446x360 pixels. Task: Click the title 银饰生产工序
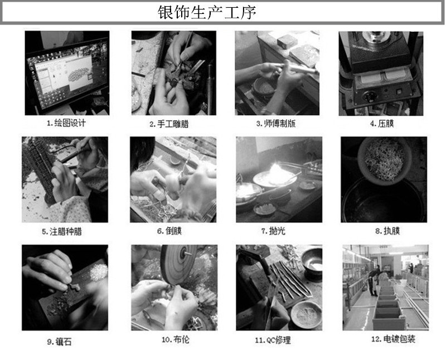click(x=207, y=12)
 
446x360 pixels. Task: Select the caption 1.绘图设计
click(x=66, y=123)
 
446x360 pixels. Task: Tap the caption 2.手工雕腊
click(x=169, y=124)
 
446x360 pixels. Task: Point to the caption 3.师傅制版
click(x=276, y=123)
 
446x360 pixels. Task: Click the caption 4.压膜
click(x=382, y=123)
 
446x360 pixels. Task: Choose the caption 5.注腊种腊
click(x=62, y=231)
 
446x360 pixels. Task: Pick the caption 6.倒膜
click(x=169, y=231)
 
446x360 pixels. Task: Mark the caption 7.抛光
click(x=273, y=231)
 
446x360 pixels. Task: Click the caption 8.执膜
click(x=387, y=231)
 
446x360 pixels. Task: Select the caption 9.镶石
click(x=59, y=341)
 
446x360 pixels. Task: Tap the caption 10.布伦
click(x=175, y=339)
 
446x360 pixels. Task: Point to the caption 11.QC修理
click(x=273, y=340)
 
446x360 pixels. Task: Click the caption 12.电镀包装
click(x=393, y=339)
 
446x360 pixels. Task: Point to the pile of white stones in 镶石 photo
click(x=99, y=272)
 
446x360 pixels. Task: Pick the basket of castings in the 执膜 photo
click(x=384, y=160)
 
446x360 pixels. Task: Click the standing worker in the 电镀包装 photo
click(x=372, y=283)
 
